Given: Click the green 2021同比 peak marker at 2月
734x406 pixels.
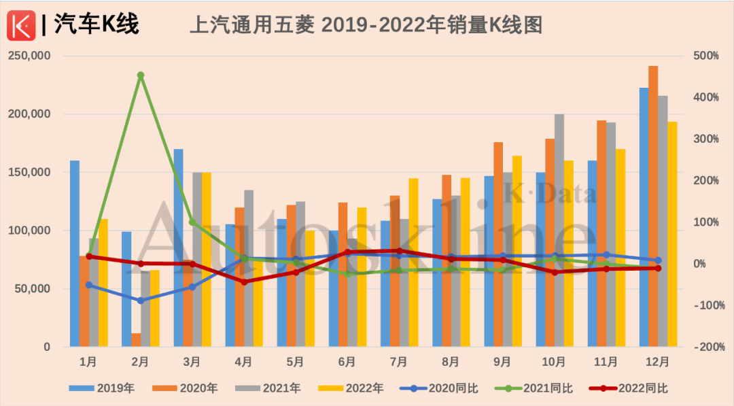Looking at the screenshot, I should pos(141,75).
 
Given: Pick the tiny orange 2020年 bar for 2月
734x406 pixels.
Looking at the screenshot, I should pos(136,340).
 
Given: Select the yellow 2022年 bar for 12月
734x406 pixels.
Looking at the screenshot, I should pos(672,234).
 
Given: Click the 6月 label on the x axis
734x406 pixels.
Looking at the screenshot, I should pos(347,362).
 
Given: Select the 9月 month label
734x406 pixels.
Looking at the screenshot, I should pos(502,362).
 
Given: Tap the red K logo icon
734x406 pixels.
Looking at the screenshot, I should pos(20,25).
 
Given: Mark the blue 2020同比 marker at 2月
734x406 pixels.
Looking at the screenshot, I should pos(141,301).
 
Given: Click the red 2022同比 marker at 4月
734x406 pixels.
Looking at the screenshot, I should pos(244,282).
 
